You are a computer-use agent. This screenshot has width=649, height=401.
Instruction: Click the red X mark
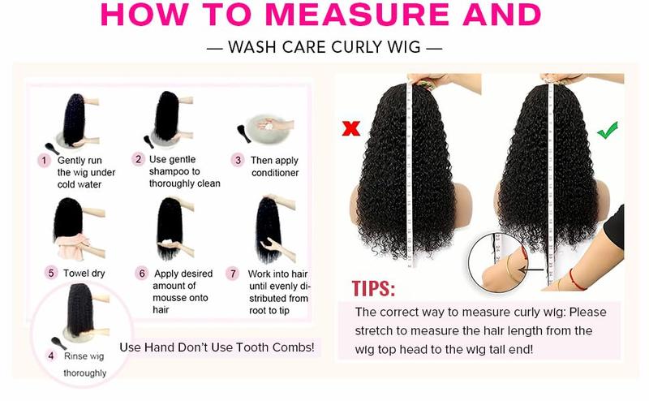pos(351,127)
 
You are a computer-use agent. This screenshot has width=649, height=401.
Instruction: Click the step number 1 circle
pos(45,160)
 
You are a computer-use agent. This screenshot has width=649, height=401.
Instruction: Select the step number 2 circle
pos(139,160)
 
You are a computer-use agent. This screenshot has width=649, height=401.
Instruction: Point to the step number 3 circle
pos(238,160)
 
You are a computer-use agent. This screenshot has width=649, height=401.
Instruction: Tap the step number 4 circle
pos(50,356)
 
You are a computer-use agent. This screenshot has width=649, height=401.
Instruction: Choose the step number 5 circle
pos(51,274)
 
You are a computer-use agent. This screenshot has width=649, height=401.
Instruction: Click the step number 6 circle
pos(142,274)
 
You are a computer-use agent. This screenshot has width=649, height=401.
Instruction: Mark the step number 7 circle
pos(234,274)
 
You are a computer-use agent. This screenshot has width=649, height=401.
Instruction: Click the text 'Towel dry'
pos(84,274)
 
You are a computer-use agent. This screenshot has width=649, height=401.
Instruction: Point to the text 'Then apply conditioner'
pos(275,166)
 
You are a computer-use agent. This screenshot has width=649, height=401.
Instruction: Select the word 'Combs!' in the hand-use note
pos(293,347)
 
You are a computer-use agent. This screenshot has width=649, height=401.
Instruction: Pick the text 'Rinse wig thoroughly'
pos(84,364)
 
